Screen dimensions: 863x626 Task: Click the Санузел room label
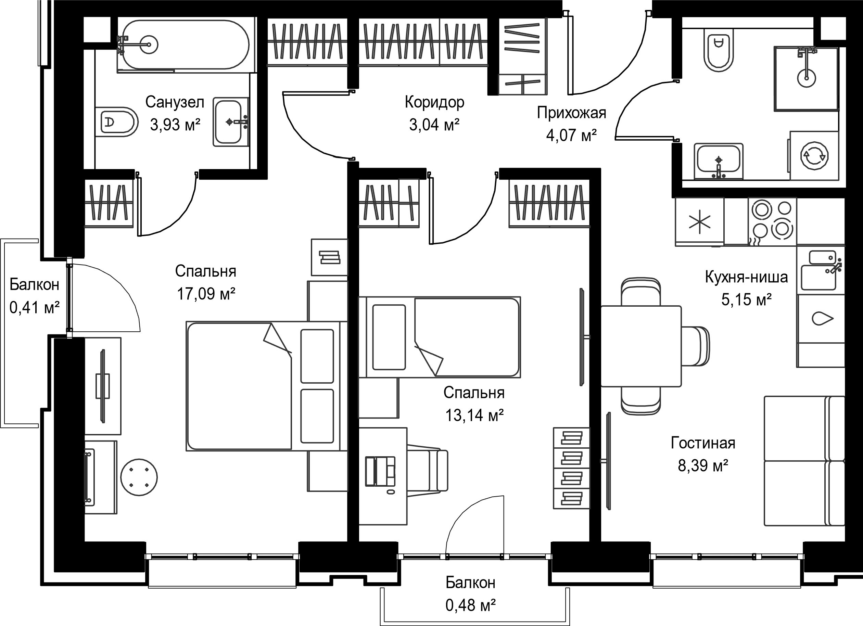[175, 102]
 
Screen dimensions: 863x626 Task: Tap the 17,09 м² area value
[206, 294]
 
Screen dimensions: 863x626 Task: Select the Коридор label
[434, 102]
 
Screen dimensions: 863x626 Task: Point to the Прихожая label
[571, 113]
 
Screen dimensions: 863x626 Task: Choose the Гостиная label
[703, 443]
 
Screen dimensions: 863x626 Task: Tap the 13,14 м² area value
[474, 415]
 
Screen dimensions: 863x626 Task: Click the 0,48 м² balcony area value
[470, 605]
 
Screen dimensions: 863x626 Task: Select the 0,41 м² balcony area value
[34, 307]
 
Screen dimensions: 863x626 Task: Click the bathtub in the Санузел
[184, 44]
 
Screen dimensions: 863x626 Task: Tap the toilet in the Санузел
[116, 122]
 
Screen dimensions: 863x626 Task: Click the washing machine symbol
[814, 155]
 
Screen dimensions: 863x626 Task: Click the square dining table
[641, 346]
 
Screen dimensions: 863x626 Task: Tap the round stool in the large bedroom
[139, 477]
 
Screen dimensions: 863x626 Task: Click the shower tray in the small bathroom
[806, 78]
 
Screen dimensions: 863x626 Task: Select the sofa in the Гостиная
[804, 461]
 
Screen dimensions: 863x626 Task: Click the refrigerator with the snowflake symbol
[700, 222]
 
